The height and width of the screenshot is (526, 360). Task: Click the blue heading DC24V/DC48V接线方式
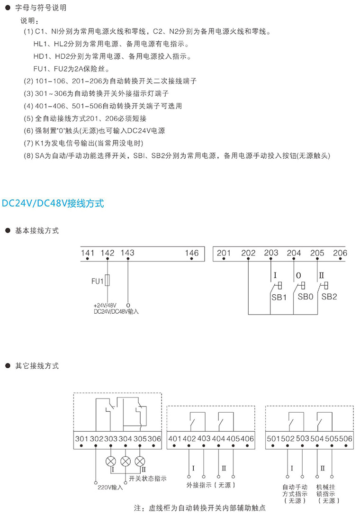click(x=53, y=204)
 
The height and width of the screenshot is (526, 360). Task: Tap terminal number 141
click(x=88, y=253)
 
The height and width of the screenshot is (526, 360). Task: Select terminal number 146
click(x=192, y=253)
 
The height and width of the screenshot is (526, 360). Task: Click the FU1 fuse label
click(x=97, y=282)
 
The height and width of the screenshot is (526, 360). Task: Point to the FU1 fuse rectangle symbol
click(x=108, y=281)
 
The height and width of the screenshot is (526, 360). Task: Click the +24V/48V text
click(x=105, y=306)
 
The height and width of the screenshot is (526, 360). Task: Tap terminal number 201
click(x=224, y=253)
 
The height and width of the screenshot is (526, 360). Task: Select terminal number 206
click(x=340, y=253)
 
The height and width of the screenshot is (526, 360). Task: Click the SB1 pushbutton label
click(x=279, y=298)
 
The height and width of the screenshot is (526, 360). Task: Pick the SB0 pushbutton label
click(x=306, y=298)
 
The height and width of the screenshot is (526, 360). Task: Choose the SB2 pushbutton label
click(x=329, y=298)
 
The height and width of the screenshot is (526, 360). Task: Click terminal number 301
click(x=81, y=438)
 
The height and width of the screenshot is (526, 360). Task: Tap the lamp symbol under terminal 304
click(x=126, y=461)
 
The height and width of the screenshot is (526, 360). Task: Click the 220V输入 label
click(x=110, y=487)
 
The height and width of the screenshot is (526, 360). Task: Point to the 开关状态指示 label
click(x=148, y=479)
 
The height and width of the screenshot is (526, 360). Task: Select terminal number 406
click(x=247, y=438)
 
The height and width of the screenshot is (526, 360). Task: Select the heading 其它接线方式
click(x=37, y=366)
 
